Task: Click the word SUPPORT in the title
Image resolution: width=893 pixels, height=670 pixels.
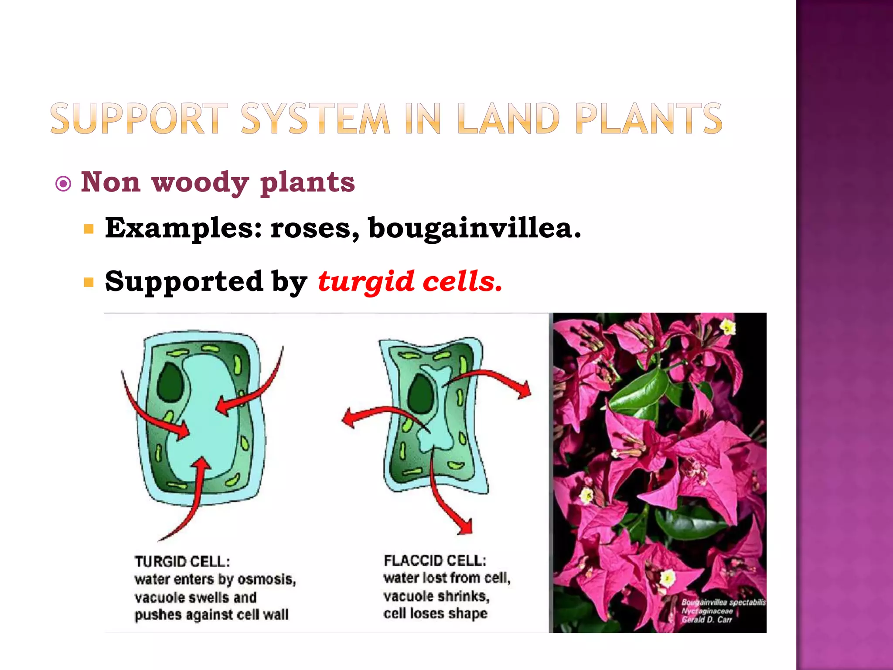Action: coord(139,118)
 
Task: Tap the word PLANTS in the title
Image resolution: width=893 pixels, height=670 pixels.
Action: coord(648,118)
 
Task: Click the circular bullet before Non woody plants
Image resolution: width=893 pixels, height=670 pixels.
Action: coord(64,184)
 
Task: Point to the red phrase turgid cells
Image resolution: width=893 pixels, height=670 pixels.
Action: coord(410,281)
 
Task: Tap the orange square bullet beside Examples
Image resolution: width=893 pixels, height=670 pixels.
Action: coord(89,229)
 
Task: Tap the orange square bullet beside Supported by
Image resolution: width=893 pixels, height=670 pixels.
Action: coord(89,283)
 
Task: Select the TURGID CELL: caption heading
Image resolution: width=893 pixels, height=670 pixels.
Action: coord(182,561)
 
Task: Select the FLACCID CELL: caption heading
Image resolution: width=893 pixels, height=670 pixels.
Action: coord(435,561)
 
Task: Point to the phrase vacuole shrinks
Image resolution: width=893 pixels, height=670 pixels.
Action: coord(436,596)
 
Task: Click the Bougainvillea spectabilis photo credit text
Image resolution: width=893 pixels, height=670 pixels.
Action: coord(723,602)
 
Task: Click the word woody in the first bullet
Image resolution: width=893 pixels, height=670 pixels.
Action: coord(200,182)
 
